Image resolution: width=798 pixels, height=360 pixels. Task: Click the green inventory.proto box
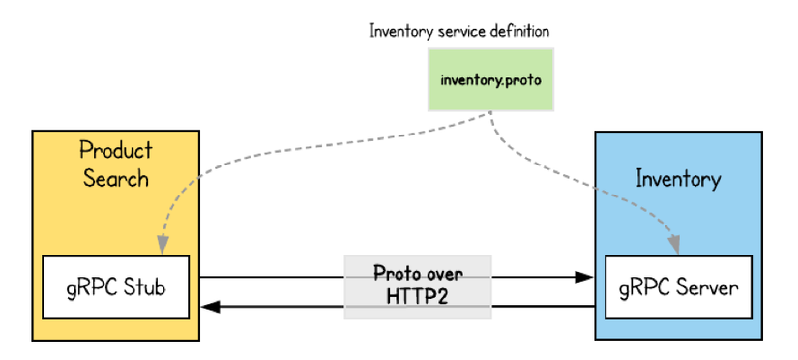click(491, 78)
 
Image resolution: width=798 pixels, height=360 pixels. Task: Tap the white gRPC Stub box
click(116, 286)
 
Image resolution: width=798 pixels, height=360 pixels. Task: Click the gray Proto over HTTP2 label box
click(419, 285)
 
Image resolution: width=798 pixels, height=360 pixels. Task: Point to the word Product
click(116, 150)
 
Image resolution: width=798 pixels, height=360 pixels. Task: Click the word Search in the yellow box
click(116, 179)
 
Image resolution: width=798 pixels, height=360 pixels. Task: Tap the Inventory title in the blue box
click(678, 179)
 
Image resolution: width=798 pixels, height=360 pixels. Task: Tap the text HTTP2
click(419, 296)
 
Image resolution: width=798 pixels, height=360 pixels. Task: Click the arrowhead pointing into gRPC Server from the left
click(584, 277)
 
